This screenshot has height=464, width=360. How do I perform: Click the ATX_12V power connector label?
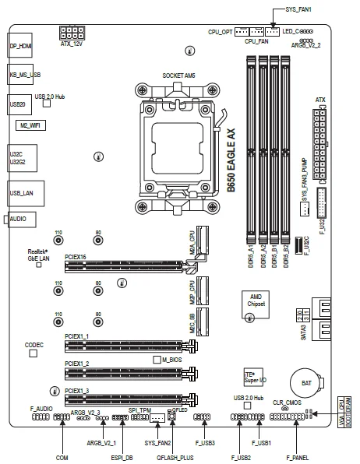tap(72, 44)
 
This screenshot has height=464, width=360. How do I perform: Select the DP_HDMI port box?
tap(20, 47)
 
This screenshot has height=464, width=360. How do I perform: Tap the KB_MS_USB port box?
tap(23, 75)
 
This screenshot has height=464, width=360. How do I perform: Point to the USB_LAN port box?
tap(21, 192)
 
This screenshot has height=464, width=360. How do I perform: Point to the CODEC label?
tap(34, 343)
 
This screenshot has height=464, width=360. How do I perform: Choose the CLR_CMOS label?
tap(287, 402)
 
